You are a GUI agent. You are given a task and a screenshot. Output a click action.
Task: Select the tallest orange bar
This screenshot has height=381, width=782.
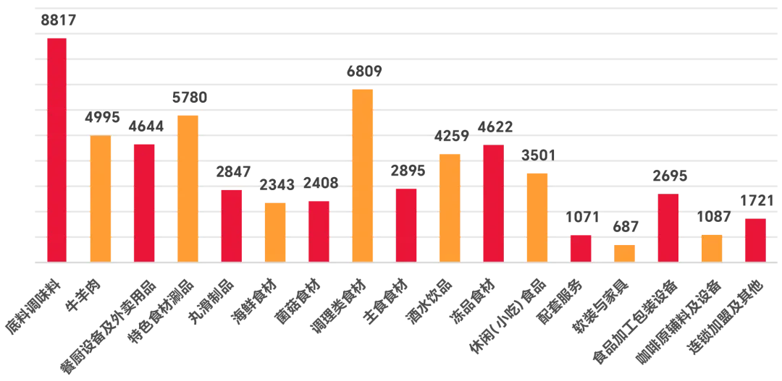(x=362, y=174)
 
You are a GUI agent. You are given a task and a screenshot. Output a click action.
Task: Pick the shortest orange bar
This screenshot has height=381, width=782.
(x=624, y=252)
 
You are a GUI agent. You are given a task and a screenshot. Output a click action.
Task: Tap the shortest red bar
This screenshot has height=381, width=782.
(x=580, y=248)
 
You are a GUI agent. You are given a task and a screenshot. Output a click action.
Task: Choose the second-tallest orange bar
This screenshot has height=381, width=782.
(x=188, y=187)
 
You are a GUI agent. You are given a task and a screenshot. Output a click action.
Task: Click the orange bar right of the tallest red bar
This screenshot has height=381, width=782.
(x=100, y=198)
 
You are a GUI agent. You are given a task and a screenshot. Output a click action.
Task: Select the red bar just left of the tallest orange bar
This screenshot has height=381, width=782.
(x=319, y=230)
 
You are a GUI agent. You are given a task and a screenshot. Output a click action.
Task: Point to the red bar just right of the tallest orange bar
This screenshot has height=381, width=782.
(x=405, y=225)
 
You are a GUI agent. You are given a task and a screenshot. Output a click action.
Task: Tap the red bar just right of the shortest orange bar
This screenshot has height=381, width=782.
(x=668, y=227)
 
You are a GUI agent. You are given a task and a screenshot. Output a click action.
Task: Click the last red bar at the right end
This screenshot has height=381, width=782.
(x=754, y=240)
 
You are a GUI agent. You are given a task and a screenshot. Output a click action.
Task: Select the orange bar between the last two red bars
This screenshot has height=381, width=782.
(x=712, y=247)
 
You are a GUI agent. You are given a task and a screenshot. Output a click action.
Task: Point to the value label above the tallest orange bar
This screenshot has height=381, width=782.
(x=362, y=73)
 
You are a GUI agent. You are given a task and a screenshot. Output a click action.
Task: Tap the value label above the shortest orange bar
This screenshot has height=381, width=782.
(x=624, y=230)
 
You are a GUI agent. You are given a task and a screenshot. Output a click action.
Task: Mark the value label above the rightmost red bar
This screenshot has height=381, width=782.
(x=755, y=199)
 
